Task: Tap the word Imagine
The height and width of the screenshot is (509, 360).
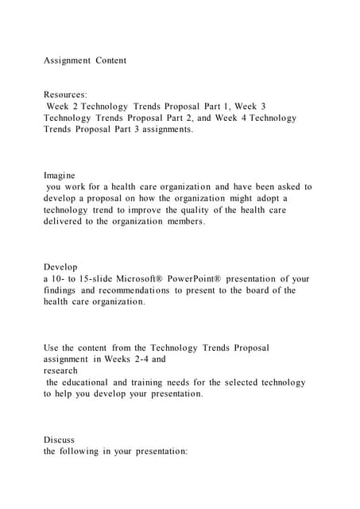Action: pyautogui.click(x=60, y=175)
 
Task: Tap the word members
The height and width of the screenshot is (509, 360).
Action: pyautogui.click(x=185, y=222)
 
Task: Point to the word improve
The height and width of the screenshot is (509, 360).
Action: pyautogui.click(x=136, y=210)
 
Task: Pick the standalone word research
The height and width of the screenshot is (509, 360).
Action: pyautogui.click(x=61, y=371)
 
